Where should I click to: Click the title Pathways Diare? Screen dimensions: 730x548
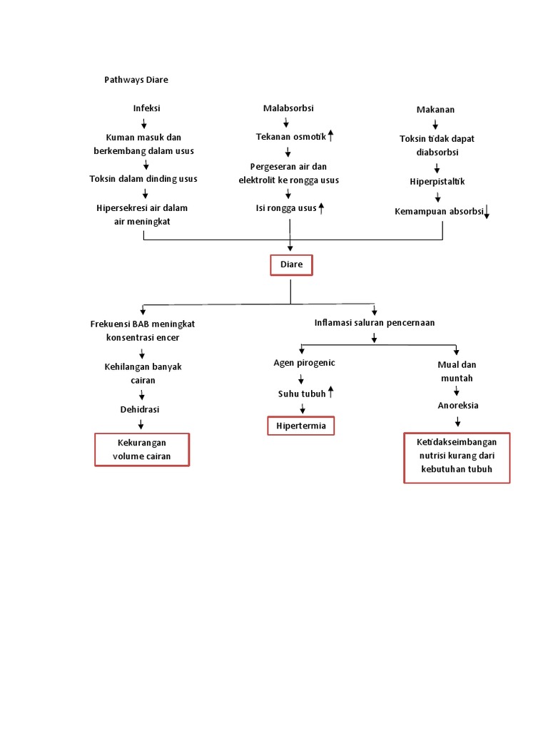click(136, 80)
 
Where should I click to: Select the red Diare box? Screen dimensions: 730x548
click(291, 264)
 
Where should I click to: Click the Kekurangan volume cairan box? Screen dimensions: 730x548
click(143, 450)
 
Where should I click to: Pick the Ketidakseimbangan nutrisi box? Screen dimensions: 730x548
click(457, 457)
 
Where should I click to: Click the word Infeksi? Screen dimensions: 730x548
click(146, 108)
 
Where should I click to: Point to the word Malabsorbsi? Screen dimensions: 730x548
click(288, 108)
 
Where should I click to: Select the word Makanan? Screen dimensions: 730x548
click(435, 110)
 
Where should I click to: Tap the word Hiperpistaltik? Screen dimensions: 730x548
click(437, 182)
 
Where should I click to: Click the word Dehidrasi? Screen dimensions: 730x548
click(139, 410)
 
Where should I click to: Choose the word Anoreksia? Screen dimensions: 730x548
click(457, 406)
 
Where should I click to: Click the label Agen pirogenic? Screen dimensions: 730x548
click(304, 363)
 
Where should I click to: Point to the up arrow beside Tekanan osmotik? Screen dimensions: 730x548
click(330, 135)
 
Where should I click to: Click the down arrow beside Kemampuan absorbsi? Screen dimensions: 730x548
click(486, 212)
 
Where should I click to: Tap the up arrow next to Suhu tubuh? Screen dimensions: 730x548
click(330, 393)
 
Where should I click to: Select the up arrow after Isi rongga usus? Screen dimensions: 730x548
click(321, 208)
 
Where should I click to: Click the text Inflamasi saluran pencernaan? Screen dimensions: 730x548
click(375, 323)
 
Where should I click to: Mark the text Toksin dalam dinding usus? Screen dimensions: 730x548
click(143, 179)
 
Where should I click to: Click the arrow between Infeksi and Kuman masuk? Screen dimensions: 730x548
click(144, 124)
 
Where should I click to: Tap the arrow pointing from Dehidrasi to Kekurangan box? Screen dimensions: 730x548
click(141, 425)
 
